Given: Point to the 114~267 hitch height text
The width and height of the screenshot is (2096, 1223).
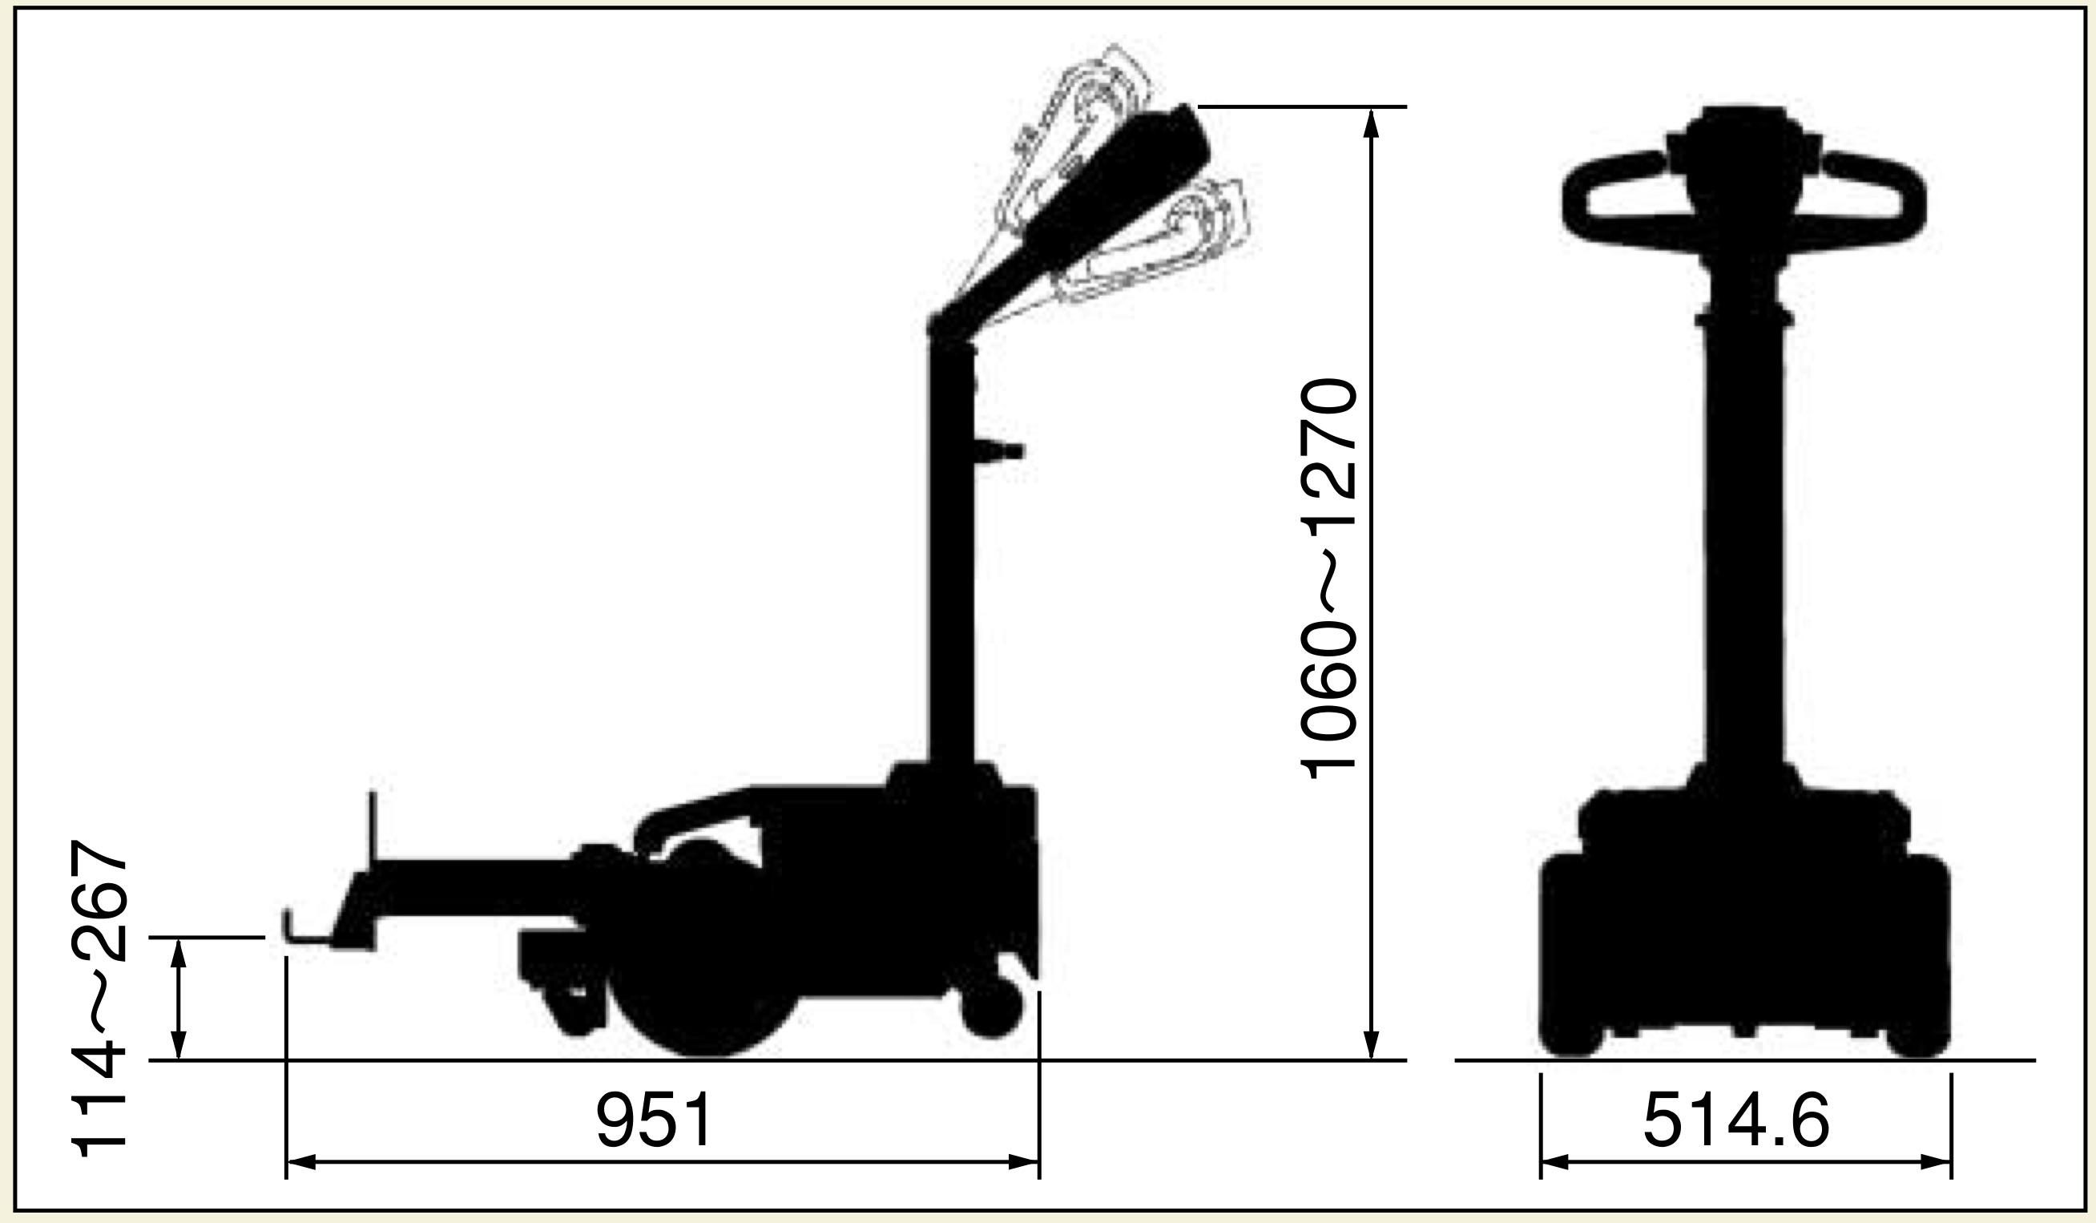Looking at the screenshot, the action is coord(100,999).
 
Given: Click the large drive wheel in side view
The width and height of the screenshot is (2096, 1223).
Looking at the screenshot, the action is coord(706,990).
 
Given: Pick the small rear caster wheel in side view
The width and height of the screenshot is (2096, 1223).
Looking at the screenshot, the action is coord(991,1007).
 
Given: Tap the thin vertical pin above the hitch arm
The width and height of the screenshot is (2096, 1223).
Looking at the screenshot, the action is coord(372,828).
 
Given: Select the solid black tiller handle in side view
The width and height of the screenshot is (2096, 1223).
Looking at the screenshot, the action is coord(1073,220).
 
